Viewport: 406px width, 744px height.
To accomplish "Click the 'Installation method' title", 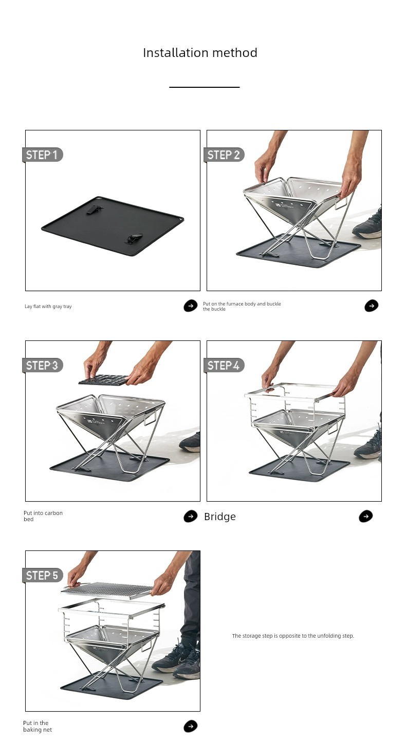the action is click(x=200, y=53).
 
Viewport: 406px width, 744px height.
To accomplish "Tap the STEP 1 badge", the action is click(x=43, y=155).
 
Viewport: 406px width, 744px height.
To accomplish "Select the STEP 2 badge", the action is click(x=224, y=155).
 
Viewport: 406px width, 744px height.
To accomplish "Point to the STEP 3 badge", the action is click(x=43, y=366).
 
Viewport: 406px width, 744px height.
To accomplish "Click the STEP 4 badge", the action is click(x=224, y=366).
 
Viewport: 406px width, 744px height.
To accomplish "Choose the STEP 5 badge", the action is click(x=43, y=575).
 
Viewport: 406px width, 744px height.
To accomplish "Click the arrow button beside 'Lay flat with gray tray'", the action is click(x=191, y=306).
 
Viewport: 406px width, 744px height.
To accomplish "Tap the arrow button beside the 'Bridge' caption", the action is click(x=366, y=516).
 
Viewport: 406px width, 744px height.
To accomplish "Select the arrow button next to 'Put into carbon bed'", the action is click(x=191, y=516).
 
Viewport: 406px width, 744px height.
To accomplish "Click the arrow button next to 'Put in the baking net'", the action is click(x=191, y=726).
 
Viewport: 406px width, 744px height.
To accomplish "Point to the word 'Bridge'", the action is click(x=220, y=517).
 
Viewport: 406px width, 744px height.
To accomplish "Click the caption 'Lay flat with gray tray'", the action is click(x=48, y=306).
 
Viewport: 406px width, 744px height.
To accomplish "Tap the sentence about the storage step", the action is click(x=293, y=636).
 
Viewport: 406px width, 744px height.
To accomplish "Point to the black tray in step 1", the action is click(x=113, y=226).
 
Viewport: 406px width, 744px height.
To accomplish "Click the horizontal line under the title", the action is click(x=204, y=87).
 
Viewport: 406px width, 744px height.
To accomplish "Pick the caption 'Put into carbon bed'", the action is click(x=43, y=516).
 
